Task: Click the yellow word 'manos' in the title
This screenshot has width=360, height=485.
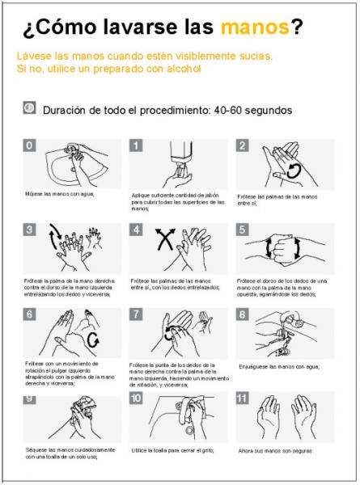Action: (x=255, y=28)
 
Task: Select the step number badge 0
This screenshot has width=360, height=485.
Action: (x=30, y=145)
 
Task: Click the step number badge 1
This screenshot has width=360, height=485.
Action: (x=137, y=145)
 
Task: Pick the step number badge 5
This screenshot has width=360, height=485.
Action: (x=242, y=230)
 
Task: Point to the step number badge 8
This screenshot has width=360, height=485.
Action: (x=242, y=314)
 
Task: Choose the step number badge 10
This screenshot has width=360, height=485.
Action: (x=137, y=398)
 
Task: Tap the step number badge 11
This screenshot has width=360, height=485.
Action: (x=242, y=398)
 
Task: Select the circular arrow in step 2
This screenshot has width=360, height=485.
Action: (x=294, y=170)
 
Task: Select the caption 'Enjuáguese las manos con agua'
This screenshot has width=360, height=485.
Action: (x=280, y=366)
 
